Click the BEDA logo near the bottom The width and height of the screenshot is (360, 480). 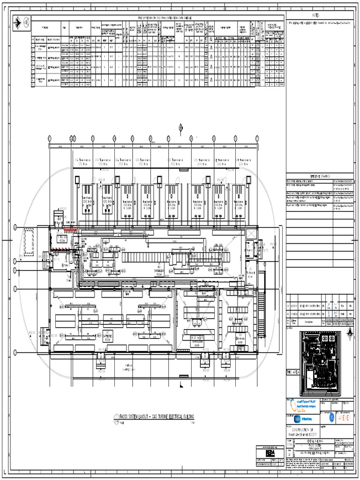[x=270, y=454]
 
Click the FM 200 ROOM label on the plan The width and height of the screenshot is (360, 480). [x=61, y=238]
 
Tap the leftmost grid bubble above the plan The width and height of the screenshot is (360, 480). [x=49, y=138]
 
